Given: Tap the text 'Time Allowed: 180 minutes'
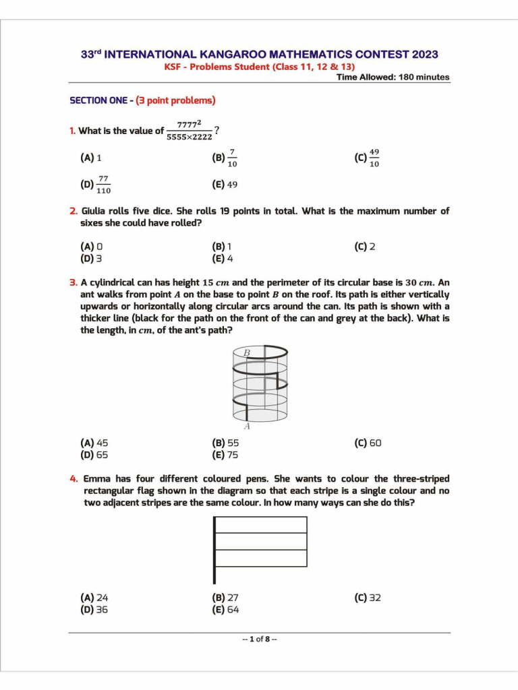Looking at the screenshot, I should click(x=393, y=77).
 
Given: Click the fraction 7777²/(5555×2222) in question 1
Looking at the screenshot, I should click(x=189, y=131).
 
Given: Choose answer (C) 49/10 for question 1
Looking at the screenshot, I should click(x=367, y=158).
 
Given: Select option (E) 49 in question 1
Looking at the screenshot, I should click(x=225, y=185).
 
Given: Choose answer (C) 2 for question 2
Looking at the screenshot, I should click(x=364, y=247).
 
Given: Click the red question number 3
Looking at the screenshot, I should click(x=74, y=283).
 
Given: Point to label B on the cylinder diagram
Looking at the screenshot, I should click(x=246, y=352).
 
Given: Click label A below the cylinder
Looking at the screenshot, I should click(x=246, y=426).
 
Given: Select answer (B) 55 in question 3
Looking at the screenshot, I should click(x=225, y=443).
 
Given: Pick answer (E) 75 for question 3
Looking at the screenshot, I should click(x=225, y=455).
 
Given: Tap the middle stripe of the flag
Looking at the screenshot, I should click(x=261, y=542).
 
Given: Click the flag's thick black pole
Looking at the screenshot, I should click(x=214, y=550).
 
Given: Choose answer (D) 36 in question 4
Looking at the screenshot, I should click(x=94, y=610).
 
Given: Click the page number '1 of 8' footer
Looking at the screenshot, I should click(x=259, y=639).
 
